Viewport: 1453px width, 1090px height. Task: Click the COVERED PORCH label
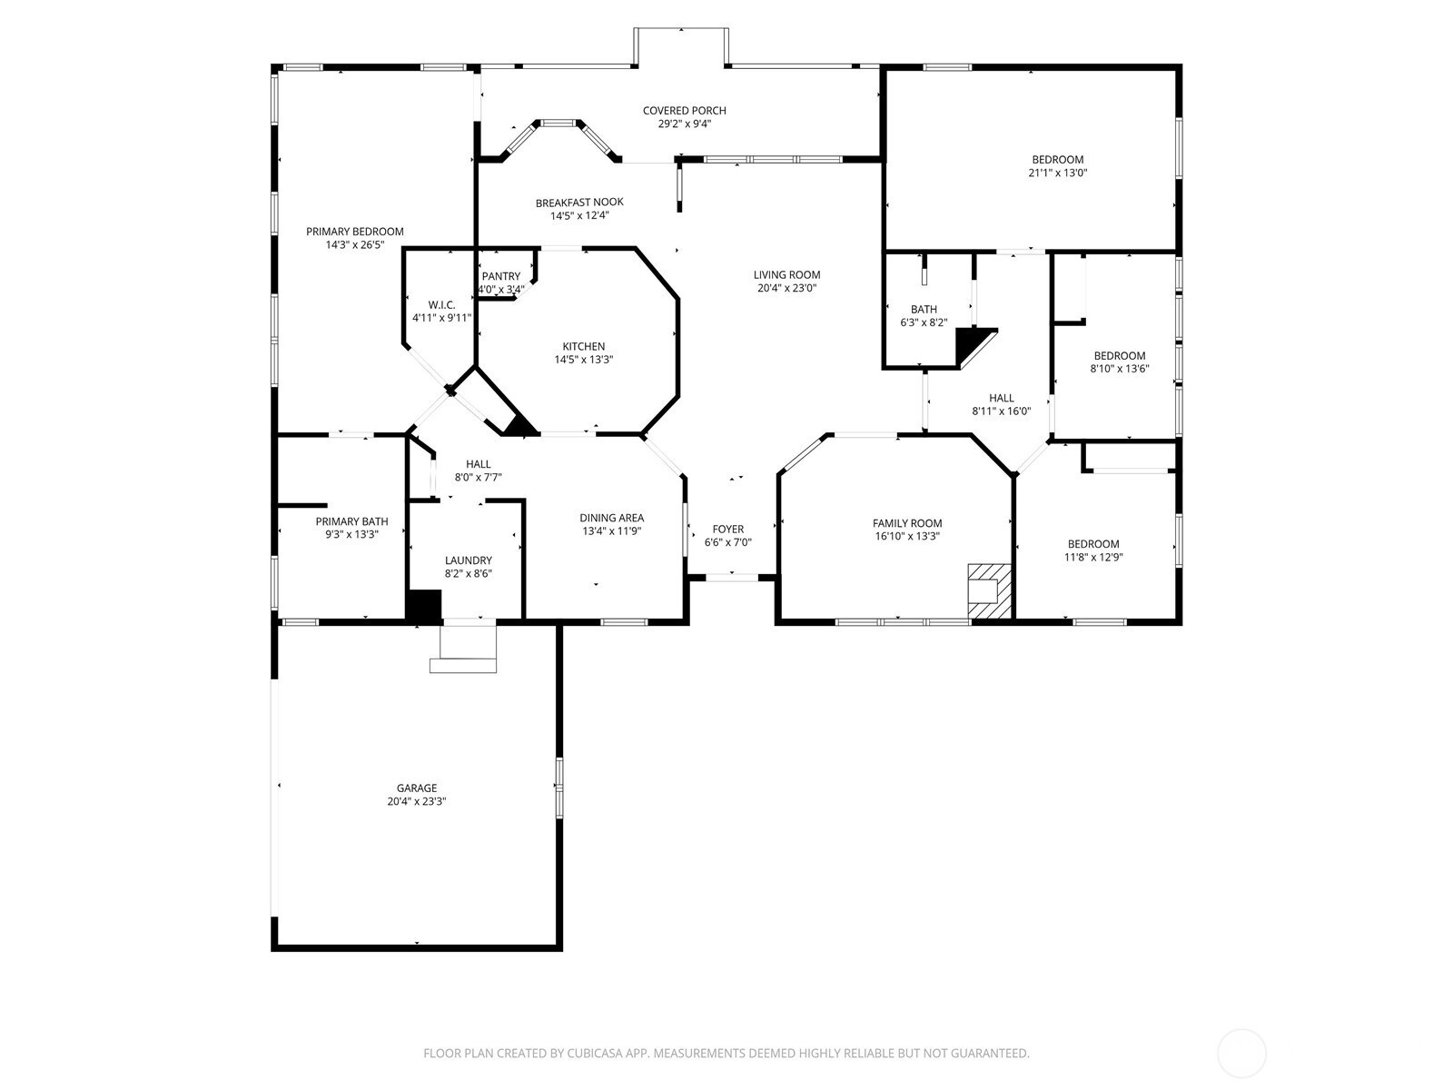684,111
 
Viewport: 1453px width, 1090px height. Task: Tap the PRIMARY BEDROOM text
355,232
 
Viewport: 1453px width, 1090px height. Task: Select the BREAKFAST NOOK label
579,203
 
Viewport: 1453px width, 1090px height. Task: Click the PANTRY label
501,277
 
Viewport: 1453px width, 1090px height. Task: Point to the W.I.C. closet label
441,305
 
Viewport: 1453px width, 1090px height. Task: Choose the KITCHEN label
584,346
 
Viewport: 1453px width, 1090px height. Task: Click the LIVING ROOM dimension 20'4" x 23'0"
787,288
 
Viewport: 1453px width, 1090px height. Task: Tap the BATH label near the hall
924,309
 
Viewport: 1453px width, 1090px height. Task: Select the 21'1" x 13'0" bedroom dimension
1058,173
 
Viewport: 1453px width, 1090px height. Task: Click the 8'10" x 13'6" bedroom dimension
1120,369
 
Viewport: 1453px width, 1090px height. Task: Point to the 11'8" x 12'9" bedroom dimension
1093,557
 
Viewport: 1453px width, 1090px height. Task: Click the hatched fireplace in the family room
990,591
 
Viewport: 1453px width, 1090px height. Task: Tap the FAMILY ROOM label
907,523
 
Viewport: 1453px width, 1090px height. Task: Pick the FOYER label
728,530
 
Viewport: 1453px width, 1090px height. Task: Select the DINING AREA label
612,518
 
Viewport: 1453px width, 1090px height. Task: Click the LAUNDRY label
468,560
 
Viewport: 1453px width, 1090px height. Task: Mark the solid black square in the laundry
424,606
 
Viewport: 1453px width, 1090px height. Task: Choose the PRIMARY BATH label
351,521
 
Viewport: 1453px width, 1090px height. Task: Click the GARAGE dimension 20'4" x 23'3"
417,801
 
